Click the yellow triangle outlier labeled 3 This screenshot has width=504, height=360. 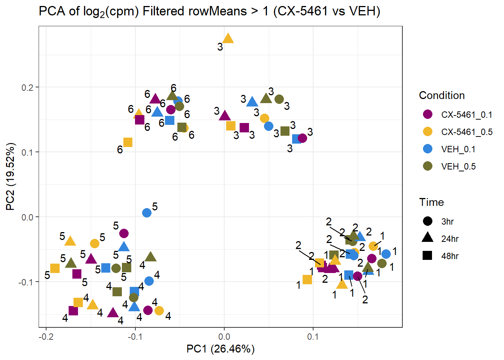point(228,39)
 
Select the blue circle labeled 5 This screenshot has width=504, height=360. point(147,213)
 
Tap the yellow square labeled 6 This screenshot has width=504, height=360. point(128,142)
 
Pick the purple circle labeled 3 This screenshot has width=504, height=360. point(302,138)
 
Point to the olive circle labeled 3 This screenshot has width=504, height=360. point(279,99)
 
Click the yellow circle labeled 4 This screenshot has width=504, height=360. point(159,310)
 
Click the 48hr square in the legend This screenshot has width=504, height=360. point(427,256)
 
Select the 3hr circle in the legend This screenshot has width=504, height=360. point(427,221)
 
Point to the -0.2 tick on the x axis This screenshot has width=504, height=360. point(46,336)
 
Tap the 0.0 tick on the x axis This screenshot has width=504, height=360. point(224,336)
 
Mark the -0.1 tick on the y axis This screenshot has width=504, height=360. point(26,282)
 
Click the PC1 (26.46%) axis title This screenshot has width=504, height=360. point(220,349)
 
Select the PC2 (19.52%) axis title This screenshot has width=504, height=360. point(10,176)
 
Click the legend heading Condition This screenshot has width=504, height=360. point(442,95)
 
